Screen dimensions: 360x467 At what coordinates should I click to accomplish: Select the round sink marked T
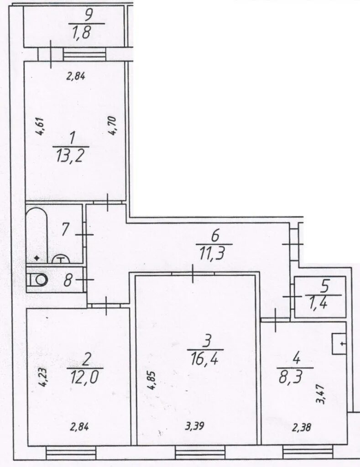click(x=61, y=259)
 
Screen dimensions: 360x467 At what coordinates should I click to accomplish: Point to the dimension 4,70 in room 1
click(x=113, y=126)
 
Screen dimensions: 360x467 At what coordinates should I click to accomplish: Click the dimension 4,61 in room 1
click(x=40, y=127)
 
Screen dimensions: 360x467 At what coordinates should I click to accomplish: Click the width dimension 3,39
click(x=195, y=426)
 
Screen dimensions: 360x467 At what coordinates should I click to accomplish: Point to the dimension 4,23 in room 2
click(x=42, y=377)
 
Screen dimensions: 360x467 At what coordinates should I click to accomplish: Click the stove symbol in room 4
click(x=339, y=344)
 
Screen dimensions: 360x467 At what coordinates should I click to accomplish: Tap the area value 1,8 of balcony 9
click(x=81, y=32)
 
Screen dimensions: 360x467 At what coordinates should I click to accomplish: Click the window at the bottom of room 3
click(x=200, y=453)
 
